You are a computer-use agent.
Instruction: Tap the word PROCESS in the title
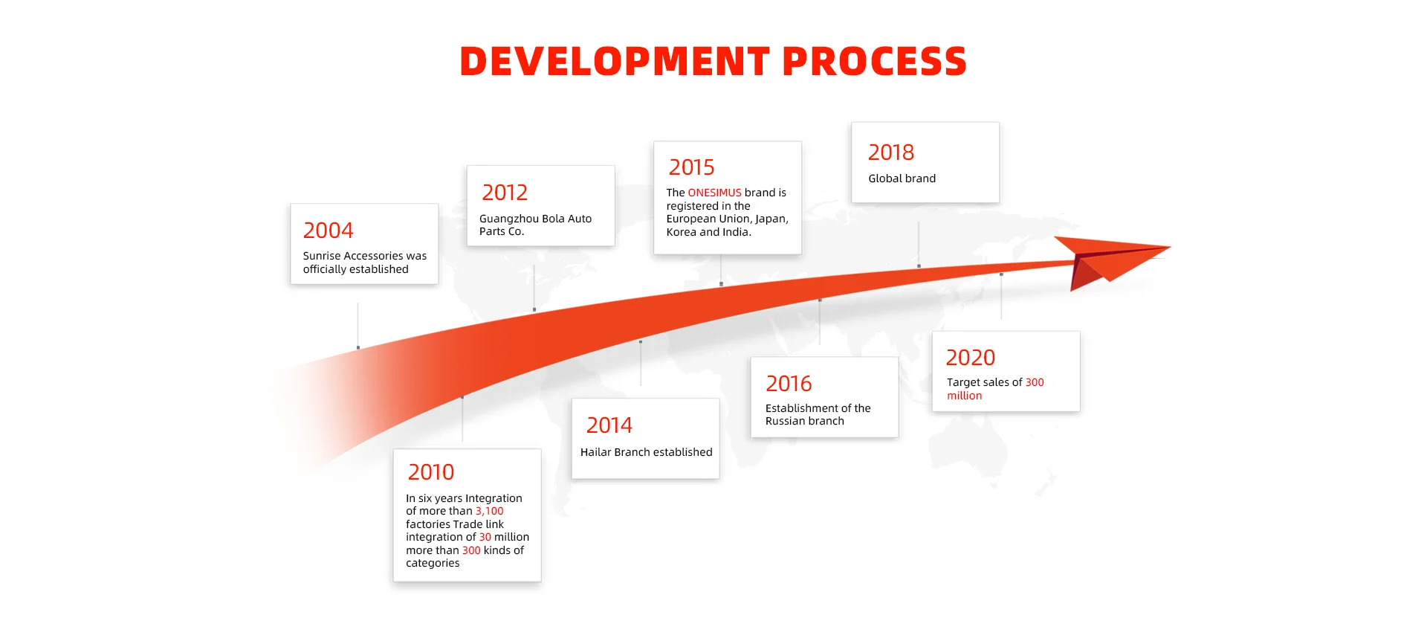[x=874, y=61]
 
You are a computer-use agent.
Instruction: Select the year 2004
[x=328, y=231]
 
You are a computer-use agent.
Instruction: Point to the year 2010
[x=431, y=472]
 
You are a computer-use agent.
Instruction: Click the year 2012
[x=505, y=193]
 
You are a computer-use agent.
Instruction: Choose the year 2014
[x=609, y=425]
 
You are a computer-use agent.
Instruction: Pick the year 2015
[x=691, y=167]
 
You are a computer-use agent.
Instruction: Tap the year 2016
[x=789, y=384]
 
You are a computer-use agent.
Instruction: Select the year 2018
[x=891, y=152]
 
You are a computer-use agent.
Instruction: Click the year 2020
[x=971, y=358]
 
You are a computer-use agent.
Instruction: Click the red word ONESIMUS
[x=715, y=193]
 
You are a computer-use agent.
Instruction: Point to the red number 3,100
[x=490, y=511]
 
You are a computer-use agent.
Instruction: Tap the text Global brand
[x=902, y=178]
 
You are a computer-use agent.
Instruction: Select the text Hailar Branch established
[x=647, y=452]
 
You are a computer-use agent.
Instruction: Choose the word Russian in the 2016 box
[x=785, y=421]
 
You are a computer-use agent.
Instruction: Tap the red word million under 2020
[x=965, y=396]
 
